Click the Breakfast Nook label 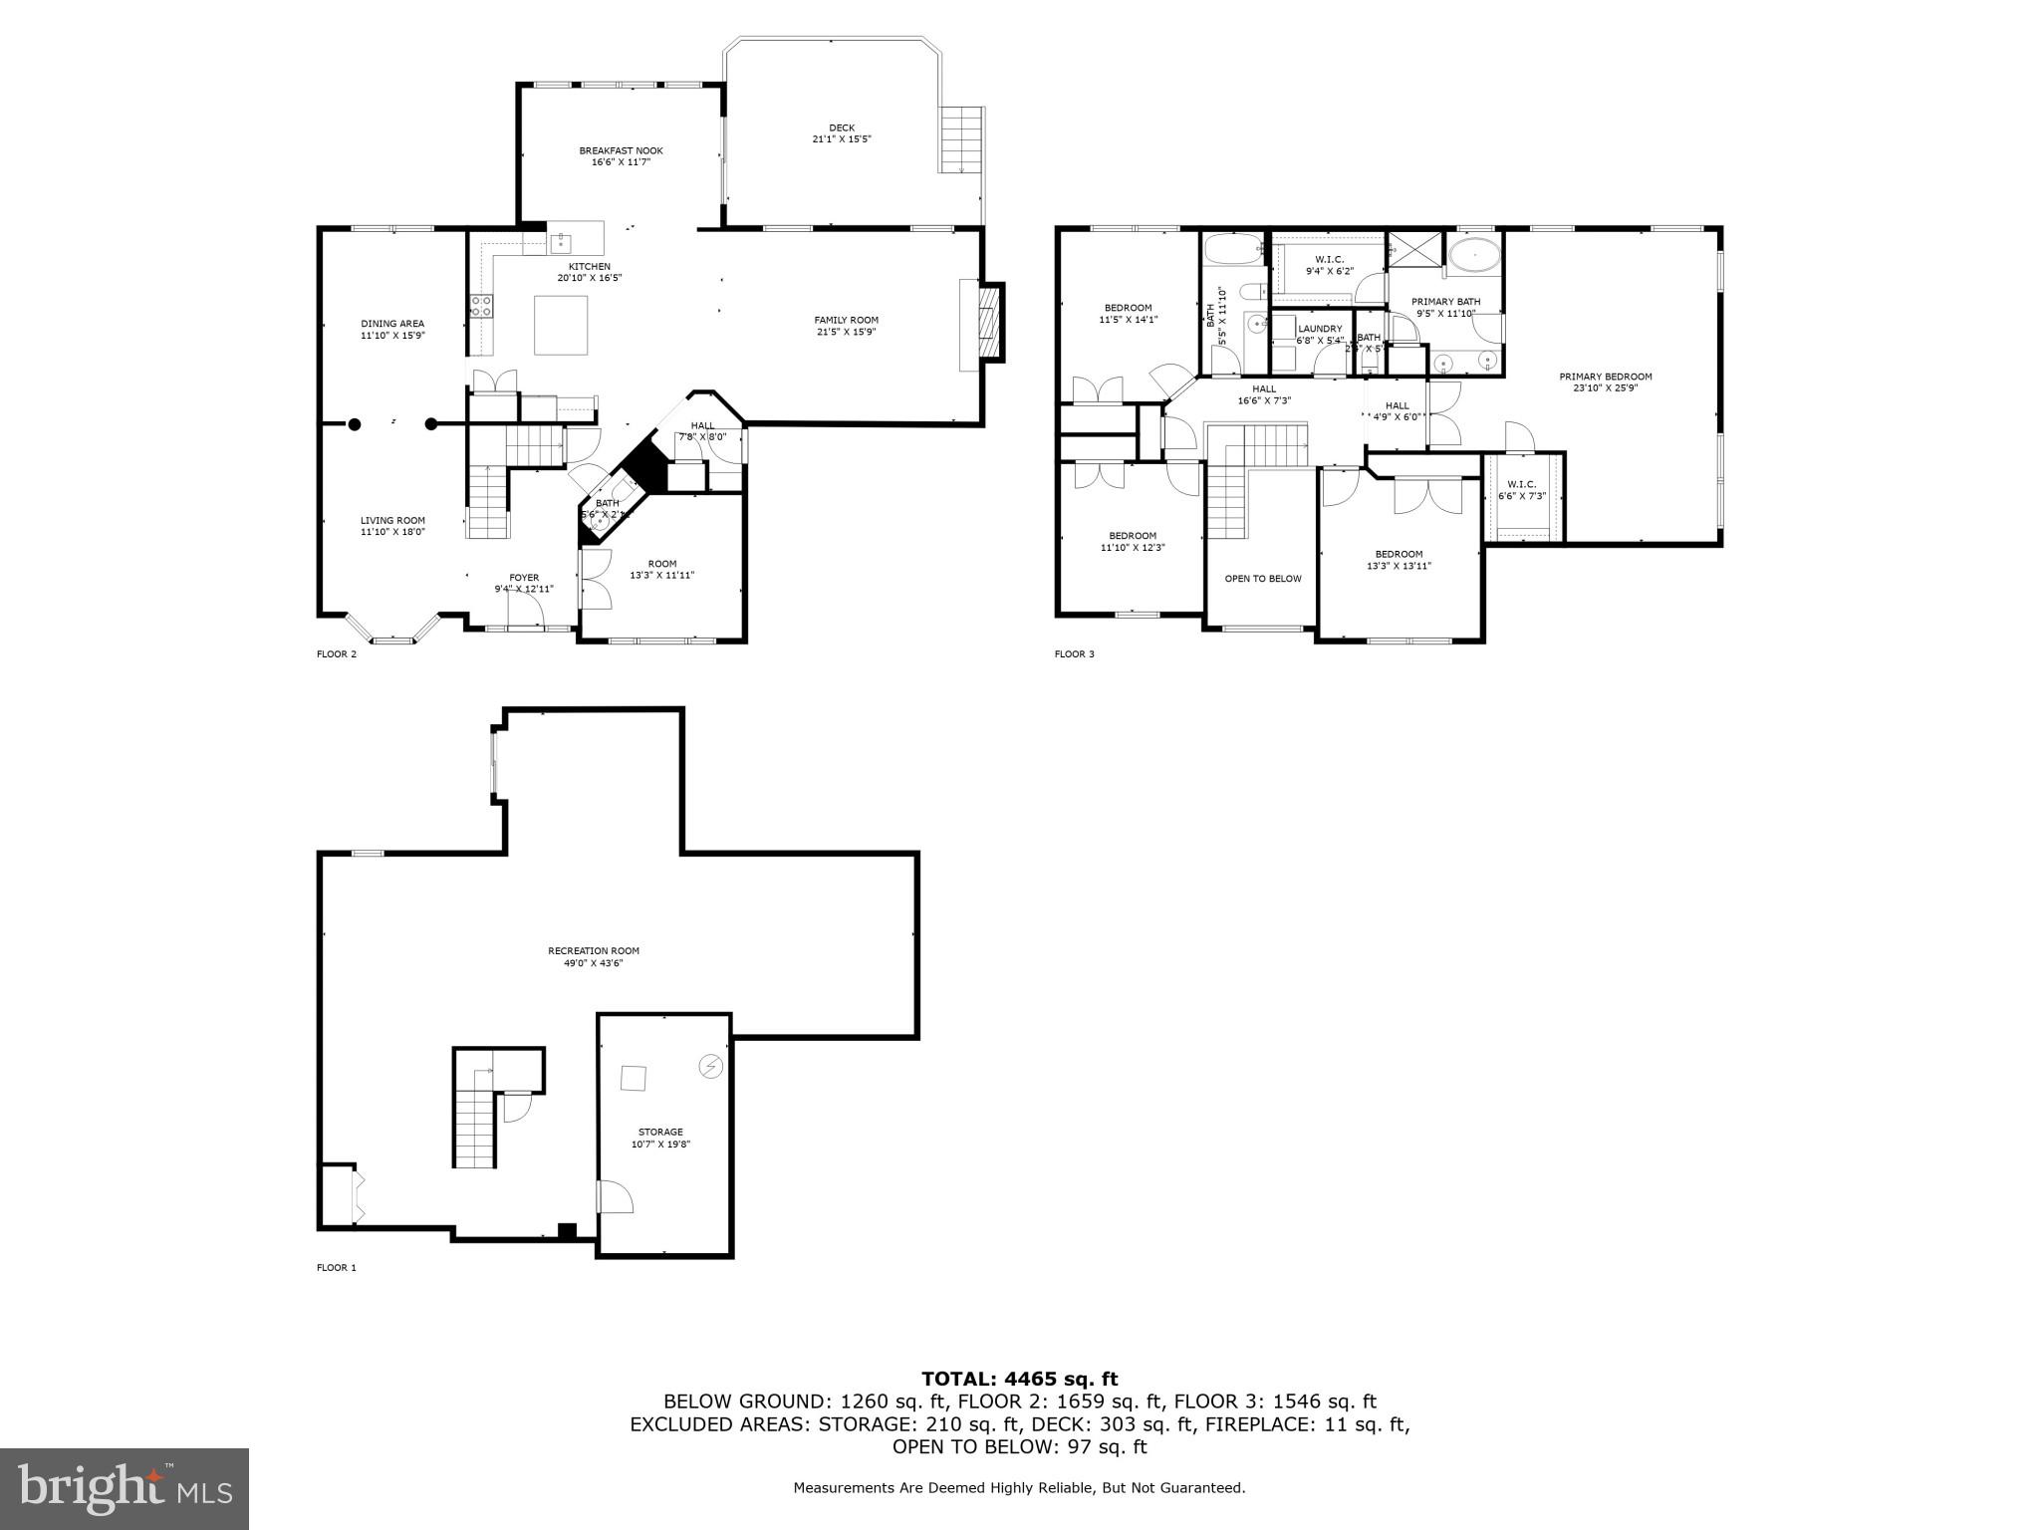point(621,150)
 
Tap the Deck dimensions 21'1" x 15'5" point(842,139)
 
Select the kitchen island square point(561,325)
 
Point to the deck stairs point(961,139)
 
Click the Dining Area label point(392,323)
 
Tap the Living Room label point(392,520)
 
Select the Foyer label point(524,578)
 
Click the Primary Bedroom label point(1605,377)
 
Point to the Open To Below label point(1262,579)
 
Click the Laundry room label point(1320,329)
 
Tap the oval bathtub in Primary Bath point(1473,256)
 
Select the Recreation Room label point(594,950)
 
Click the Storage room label point(660,1132)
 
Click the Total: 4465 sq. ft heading point(1019,1380)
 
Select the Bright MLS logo point(125,1488)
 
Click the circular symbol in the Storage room point(710,1067)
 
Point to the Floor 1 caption point(336,1268)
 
